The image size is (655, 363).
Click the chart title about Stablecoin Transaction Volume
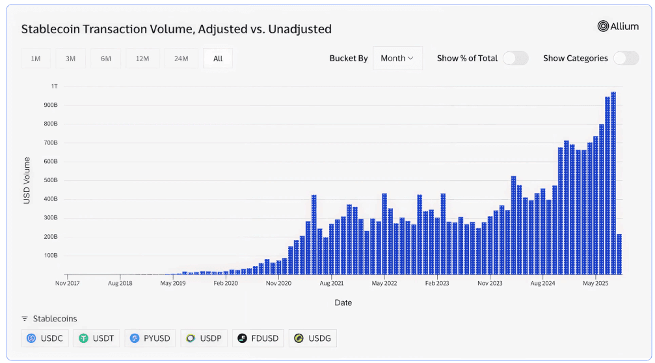pyautogui.click(x=176, y=29)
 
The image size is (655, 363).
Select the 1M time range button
pyautogui.click(x=36, y=59)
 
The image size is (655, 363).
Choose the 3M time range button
pyautogui.click(x=70, y=59)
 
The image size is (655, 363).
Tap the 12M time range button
pyautogui.click(x=142, y=59)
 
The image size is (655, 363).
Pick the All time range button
pyautogui.click(x=218, y=59)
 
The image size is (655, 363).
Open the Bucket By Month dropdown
pyautogui.click(x=397, y=59)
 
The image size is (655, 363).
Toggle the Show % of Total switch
pyautogui.click(x=515, y=59)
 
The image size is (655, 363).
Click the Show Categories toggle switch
pyautogui.click(x=626, y=59)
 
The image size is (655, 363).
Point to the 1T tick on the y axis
pyautogui.click(x=55, y=86)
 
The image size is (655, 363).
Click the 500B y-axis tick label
pyautogui.click(x=51, y=180)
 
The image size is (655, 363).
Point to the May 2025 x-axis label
pyautogui.click(x=595, y=284)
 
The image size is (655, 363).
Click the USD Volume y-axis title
pyautogui.click(x=27, y=180)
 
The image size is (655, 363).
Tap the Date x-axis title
pyautogui.click(x=343, y=302)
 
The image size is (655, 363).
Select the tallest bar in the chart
pyautogui.click(x=613, y=183)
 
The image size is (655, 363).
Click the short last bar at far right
pyautogui.click(x=619, y=254)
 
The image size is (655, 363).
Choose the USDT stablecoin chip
pyautogui.click(x=96, y=338)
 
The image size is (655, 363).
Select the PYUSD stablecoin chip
pyautogui.click(x=150, y=338)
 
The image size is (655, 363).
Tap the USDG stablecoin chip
pyautogui.click(x=313, y=338)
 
